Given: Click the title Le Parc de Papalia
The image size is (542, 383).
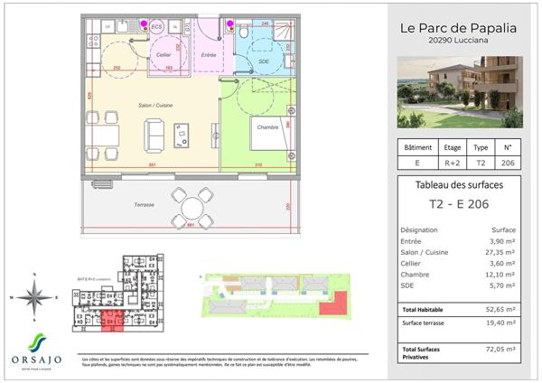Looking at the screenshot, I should coord(458,27).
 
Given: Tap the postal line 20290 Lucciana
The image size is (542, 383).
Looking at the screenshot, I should coord(458,42).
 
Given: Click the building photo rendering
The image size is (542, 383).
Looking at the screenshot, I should coord(461,92).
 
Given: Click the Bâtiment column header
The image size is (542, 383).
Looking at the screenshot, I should coord(416,146).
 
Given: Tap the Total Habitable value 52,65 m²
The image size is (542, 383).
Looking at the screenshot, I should coord(499,310).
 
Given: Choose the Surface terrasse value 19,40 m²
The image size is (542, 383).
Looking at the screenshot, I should coord(499,322).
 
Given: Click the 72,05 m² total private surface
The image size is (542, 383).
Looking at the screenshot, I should coord(499,349).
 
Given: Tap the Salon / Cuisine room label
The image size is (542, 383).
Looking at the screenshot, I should coord(155,106).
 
